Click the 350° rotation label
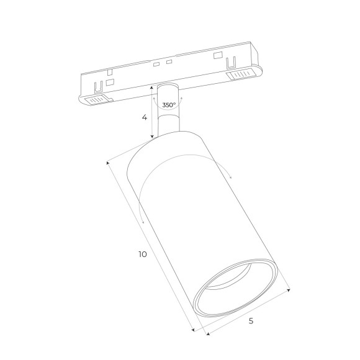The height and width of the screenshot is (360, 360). [168, 105]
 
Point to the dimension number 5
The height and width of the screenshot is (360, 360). [251, 321]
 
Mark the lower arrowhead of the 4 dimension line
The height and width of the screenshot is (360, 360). [153, 138]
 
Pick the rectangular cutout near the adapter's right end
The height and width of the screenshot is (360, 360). [217, 55]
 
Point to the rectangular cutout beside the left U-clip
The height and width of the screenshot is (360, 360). [110, 82]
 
